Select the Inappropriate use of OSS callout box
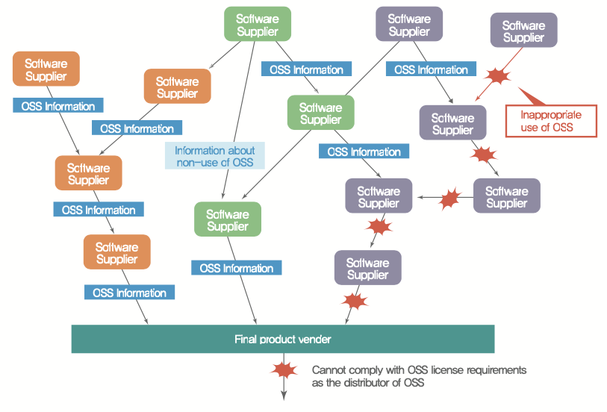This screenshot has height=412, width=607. coord(550,121)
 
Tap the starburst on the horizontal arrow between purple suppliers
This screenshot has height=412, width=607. coord(450,199)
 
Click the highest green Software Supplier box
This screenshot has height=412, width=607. coord(257,25)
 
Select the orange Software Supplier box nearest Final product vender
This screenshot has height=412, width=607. coord(116,252)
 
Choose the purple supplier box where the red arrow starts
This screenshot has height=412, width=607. coord(523,31)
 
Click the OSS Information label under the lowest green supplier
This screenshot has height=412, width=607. coord(236,268)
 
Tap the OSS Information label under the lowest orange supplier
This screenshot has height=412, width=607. coord(129,293)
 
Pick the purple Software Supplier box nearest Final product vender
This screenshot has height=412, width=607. coord(367,268)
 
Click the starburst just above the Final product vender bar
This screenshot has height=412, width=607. coord(355,302)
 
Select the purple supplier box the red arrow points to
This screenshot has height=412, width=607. coord(452,123)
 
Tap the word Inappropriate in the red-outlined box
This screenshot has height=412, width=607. coord(551,115)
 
